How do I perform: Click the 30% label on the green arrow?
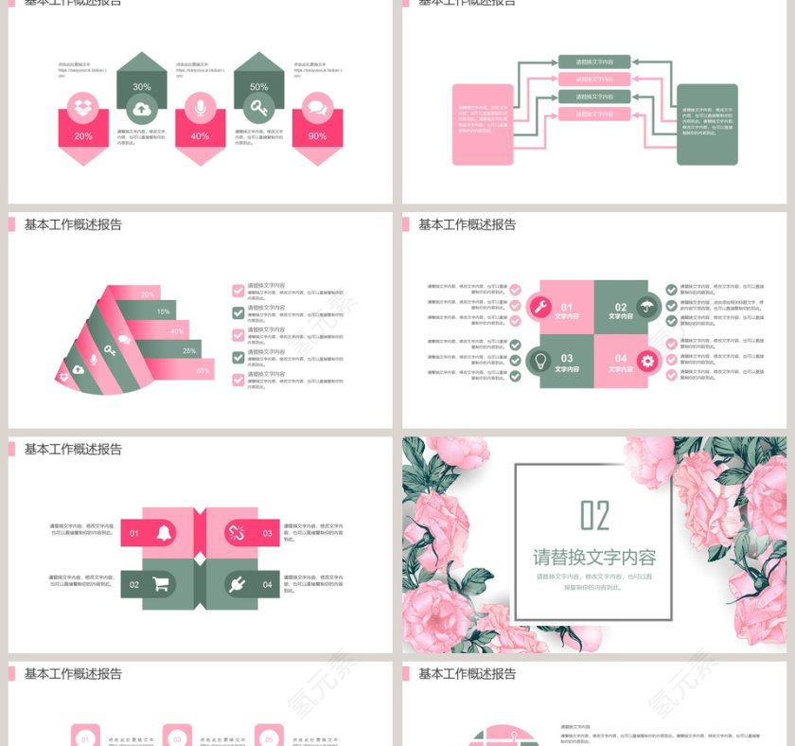coord(141,87)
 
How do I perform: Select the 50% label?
coord(258,87)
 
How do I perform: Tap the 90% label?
coord(317,136)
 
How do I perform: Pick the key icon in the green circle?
coord(258,108)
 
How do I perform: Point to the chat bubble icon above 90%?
coord(317,108)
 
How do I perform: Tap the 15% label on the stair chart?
coord(164,311)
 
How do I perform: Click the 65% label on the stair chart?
coord(203,370)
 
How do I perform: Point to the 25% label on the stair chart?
coord(189,351)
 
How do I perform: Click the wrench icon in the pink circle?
coord(539,306)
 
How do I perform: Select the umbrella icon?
coord(647,306)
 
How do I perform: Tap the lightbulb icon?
coord(539,360)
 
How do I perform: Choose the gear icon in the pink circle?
coord(647,360)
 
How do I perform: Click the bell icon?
coord(164,533)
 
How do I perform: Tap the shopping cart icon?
coord(161,584)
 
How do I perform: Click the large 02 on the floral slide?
coord(594,516)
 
